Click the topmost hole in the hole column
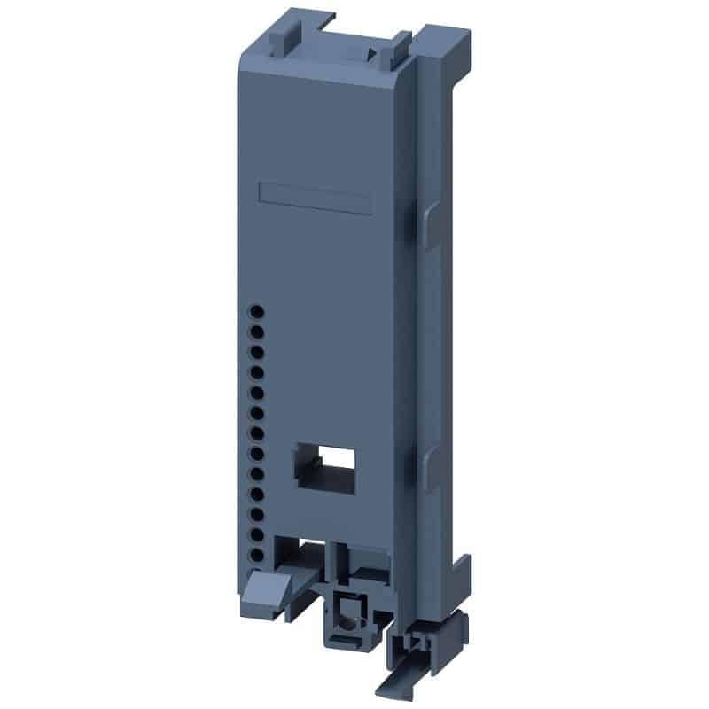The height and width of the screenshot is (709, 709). (257, 311)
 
